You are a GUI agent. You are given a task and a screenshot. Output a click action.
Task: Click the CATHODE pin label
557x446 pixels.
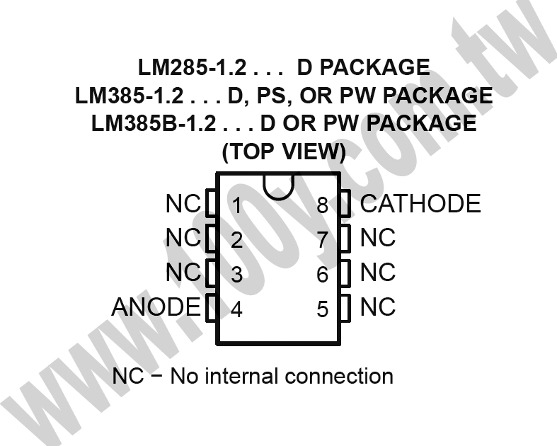click(420, 204)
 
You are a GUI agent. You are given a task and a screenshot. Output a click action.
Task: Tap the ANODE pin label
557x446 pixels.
click(156, 307)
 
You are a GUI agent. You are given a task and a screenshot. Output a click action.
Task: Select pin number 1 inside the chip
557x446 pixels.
click(236, 205)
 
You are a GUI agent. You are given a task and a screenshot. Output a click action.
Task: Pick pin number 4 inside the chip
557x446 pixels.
click(236, 309)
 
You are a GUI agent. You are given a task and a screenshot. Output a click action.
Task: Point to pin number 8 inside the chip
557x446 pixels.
click(323, 205)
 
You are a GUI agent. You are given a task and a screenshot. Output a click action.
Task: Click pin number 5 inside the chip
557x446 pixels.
click(323, 309)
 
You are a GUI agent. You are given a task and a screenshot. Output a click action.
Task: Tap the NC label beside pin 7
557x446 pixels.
click(378, 238)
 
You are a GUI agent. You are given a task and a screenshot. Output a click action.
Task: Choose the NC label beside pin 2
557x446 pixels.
click(183, 238)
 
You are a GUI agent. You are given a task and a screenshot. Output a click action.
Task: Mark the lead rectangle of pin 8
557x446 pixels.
click(345, 203)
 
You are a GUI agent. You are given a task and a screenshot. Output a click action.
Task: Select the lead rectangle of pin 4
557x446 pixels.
click(212, 308)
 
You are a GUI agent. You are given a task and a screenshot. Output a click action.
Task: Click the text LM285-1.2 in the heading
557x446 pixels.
click(192, 67)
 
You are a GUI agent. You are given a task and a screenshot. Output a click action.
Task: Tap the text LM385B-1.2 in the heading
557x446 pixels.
click(154, 123)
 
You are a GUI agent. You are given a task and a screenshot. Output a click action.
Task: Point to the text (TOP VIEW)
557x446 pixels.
click(284, 151)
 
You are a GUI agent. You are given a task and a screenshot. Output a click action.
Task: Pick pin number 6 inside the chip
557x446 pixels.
click(323, 275)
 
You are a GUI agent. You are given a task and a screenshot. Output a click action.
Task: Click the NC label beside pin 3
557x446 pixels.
click(183, 273)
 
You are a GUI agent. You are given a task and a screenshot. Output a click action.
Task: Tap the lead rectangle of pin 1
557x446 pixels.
click(212, 203)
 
